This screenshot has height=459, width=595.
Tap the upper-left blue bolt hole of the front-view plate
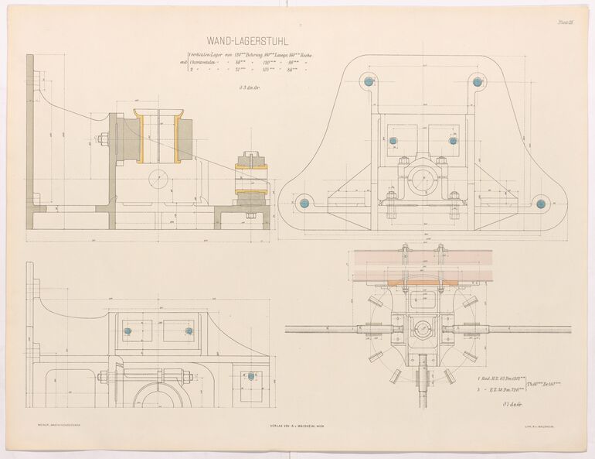click(x=369, y=80)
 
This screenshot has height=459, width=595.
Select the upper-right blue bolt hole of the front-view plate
click(x=479, y=80)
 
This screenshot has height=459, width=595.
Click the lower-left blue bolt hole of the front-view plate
click(x=304, y=203)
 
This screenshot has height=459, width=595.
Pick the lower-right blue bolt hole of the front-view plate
click(x=541, y=204)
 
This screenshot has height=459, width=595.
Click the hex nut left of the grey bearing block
click(x=102, y=140)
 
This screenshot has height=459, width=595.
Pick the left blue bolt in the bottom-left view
click(x=129, y=331)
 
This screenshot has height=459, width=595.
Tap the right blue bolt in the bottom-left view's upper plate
click(x=189, y=331)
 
